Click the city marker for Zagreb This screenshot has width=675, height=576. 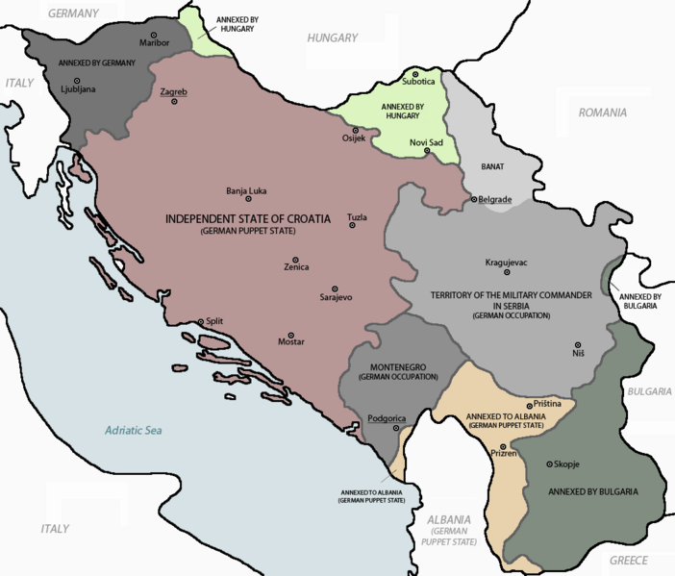174,101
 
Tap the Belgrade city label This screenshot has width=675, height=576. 495,199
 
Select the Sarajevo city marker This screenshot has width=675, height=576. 336,288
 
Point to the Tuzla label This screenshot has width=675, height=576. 357,218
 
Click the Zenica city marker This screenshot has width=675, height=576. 295,260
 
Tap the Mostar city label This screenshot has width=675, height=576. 290,342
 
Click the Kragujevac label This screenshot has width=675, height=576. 506,263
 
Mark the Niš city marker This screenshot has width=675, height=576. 578,344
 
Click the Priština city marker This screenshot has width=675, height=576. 528,407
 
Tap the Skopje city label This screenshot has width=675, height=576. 565,464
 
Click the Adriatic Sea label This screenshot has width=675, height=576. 134,430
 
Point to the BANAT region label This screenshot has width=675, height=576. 492,166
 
